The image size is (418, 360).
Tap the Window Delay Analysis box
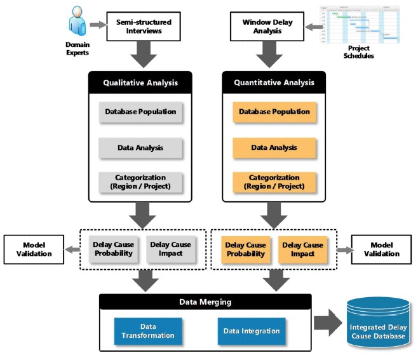(x=267, y=27)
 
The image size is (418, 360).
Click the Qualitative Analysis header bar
(x=140, y=82)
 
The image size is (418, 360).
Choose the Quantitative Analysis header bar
(x=274, y=82)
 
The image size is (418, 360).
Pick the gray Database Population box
(x=140, y=112)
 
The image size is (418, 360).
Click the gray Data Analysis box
(x=140, y=147)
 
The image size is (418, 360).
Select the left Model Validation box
(x=34, y=250)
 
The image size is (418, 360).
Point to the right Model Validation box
(x=382, y=250)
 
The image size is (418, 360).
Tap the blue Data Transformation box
(x=144, y=331)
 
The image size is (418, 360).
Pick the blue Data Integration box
(x=251, y=331)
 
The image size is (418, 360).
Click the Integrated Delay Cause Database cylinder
(x=379, y=326)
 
